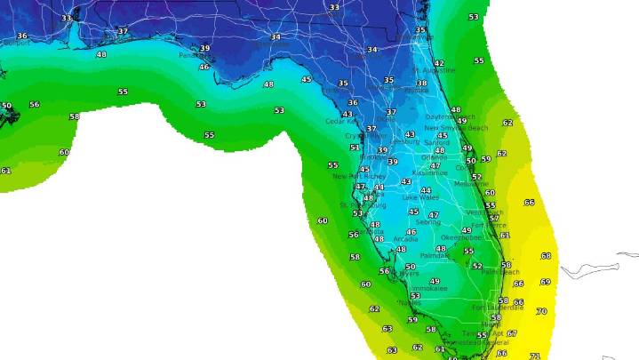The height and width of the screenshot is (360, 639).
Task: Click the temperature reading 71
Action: pyautogui.click(x=534, y=356)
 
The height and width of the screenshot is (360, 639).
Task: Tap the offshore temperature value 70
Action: pyautogui.click(x=541, y=311)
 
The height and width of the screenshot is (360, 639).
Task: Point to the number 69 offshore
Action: pyautogui.click(x=545, y=282)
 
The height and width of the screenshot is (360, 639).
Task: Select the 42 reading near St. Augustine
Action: pyautogui.click(x=439, y=64)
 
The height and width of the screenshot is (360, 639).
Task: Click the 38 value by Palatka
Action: pyautogui.click(x=421, y=84)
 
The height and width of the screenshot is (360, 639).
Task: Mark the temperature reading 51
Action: pyautogui.click(x=355, y=148)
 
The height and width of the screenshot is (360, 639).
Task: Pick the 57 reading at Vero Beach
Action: pyautogui.click(x=494, y=218)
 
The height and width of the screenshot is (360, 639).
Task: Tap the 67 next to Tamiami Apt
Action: pyautogui.click(x=512, y=333)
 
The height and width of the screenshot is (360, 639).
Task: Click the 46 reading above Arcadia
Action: pyautogui.click(x=411, y=232)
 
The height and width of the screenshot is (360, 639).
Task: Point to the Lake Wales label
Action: pyautogui.click(x=421, y=197)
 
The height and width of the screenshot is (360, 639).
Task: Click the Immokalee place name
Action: pyautogui.click(x=427, y=290)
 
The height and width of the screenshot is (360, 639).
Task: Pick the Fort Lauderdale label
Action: pyautogui.click(x=492, y=308)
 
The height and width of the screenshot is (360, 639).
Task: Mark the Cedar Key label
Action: pyautogui.click(x=341, y=122)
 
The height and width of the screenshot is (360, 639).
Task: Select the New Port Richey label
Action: pyautogui.click(x=354, y=176)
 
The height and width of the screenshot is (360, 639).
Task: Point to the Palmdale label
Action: pyautogui.click(x=435, y=255)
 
